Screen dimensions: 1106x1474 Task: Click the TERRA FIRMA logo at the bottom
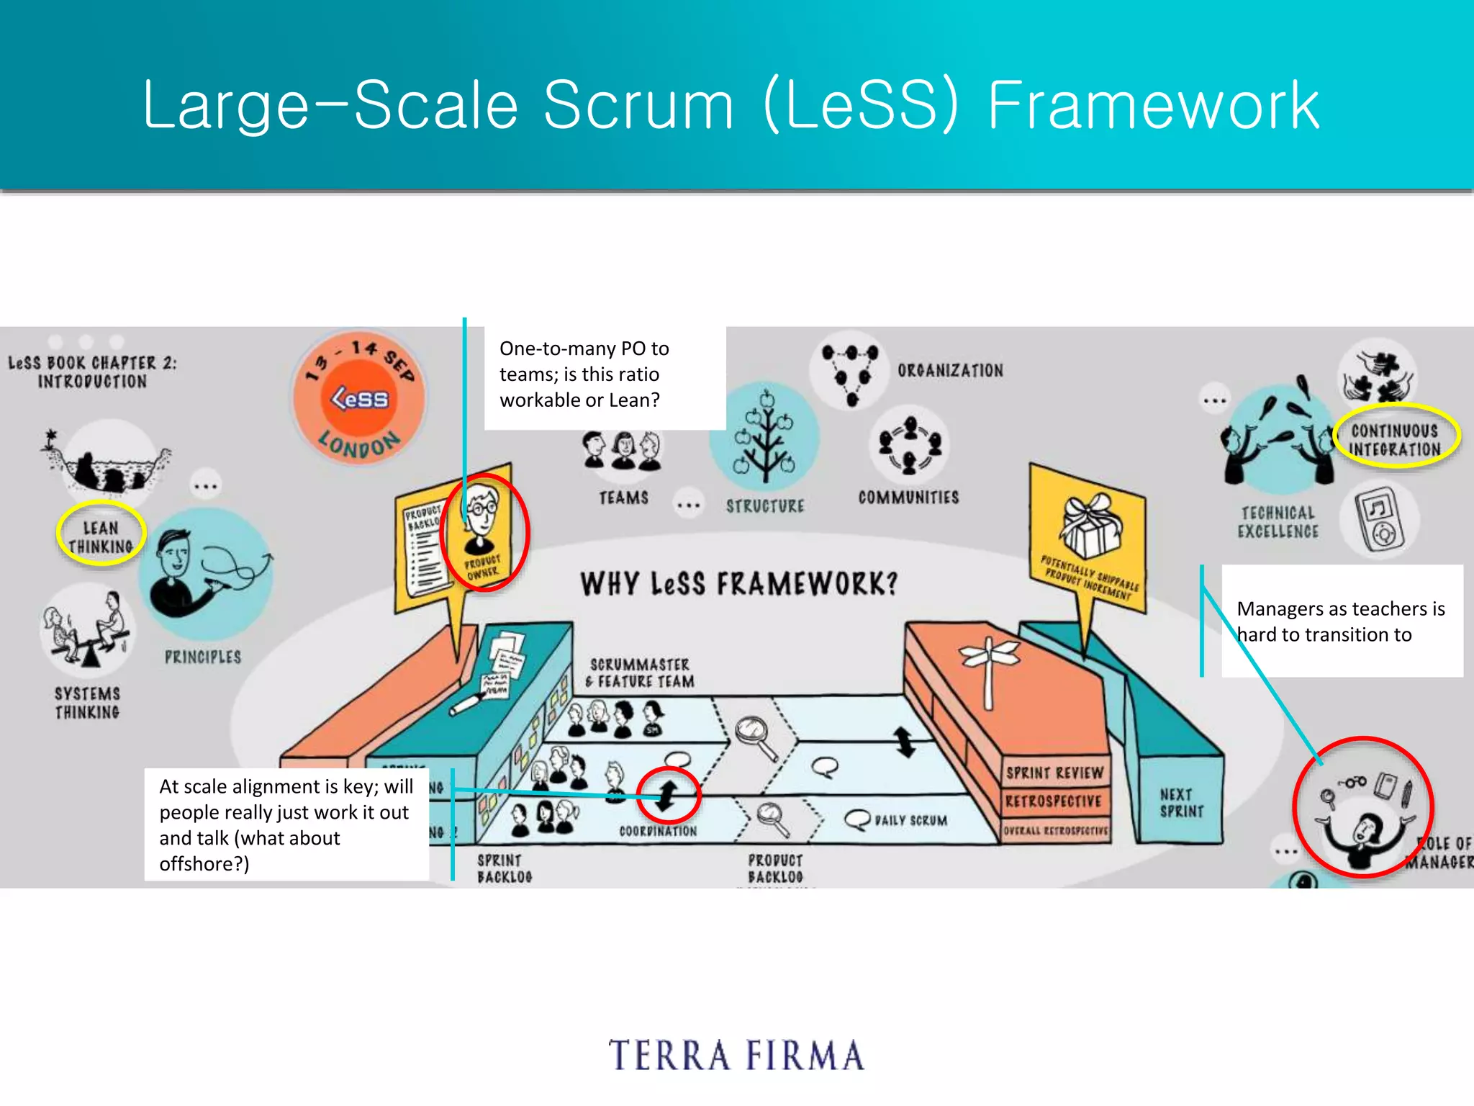click(736, 1056)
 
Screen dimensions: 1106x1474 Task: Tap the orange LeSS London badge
click(359, 397)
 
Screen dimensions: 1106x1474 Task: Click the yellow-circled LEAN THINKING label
click(101, 537)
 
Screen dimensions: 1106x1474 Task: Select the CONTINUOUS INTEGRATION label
click(1395, 440)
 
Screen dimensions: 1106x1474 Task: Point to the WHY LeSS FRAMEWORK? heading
click(739, 583)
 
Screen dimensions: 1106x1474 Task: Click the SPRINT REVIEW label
click(1054, 773)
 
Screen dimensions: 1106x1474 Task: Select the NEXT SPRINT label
click(1181, 803)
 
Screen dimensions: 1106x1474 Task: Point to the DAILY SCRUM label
click(910, 820)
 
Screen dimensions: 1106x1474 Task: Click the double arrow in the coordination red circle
click(667, 794)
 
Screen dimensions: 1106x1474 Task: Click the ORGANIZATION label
click(950, 370)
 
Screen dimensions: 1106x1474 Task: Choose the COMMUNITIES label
click(908, 498)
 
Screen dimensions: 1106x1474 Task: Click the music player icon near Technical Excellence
click(1378, 519)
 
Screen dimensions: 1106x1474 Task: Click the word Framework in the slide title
click(1154, 106)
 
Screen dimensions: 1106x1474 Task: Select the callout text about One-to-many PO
click(584, 374)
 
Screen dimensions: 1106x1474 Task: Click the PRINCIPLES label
click(203, 657)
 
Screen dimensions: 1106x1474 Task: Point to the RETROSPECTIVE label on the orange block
click(1054, 801)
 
